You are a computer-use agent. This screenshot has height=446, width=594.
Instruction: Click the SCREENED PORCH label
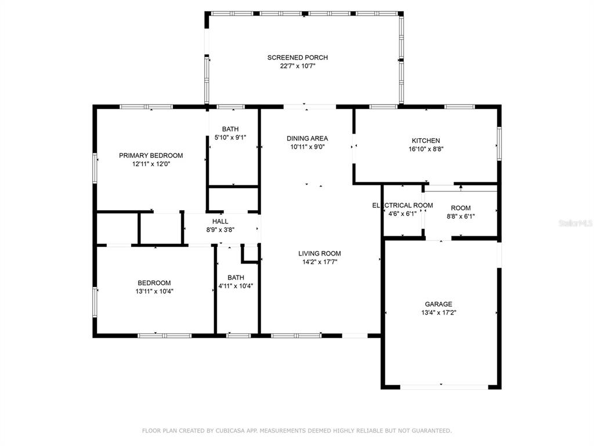click(x=298, y=57)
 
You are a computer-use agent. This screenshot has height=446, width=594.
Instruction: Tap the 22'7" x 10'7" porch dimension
click(x=298, y=66)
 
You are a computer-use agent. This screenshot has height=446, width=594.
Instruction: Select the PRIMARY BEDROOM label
click(x=151, y=156)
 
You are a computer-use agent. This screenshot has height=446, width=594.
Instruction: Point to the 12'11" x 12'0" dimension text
click(x=151, y=164)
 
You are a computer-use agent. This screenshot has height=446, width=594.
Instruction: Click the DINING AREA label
click(x=307, y=138)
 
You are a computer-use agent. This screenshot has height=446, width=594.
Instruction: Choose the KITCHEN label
click(x=426, y=141)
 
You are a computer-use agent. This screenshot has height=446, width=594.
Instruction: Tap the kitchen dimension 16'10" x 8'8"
click(x=426, y=149)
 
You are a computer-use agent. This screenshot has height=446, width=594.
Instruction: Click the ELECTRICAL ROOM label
click(x=403, y=205)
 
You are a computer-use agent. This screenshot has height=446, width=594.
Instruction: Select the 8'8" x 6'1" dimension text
click(x=461, y=217)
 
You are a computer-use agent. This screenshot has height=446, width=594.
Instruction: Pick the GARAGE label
click(x=439, y=304)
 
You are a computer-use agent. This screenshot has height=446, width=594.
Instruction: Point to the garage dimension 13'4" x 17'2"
click(x=439, y=313)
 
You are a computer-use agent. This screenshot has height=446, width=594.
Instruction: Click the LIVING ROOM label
click(x=320, y=253)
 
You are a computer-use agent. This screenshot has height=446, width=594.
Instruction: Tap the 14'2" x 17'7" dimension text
click(x=320, y=262)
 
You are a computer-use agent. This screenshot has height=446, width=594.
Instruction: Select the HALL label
click(x=220, y=221)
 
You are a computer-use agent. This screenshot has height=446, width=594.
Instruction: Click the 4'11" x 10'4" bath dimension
click(x=236, y=286)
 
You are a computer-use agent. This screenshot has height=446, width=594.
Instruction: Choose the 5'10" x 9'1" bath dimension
click(x=230, y=138)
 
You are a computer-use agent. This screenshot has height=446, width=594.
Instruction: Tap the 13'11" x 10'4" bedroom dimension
click(x=154, y=292)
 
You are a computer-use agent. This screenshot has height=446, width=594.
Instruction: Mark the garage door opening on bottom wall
click(x=444, y=387)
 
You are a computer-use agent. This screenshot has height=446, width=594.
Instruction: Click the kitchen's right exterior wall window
click(x=499, y=143)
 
